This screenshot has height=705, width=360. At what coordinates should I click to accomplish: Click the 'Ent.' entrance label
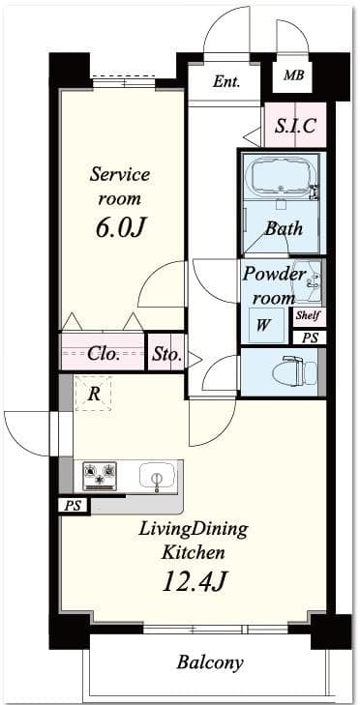tap(226, 82)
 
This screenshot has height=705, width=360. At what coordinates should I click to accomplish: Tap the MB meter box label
tap(291, 75)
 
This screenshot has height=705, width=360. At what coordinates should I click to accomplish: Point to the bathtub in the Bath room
tap(282, 175)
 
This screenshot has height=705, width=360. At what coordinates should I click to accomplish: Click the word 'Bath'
tap(284, 229)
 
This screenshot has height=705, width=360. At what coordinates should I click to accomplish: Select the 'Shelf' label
tap(309, 316)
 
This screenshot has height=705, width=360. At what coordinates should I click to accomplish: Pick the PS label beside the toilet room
tap(310, 338)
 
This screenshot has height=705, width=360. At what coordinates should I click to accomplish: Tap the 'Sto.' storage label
tap(166, 354)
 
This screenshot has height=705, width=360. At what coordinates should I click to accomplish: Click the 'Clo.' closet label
tap(104, 354)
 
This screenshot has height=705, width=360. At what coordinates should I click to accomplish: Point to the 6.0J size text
tap(119, 228)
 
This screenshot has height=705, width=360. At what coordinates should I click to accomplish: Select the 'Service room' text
tap(119, 187)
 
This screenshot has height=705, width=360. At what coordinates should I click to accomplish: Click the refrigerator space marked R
tap(94, 394)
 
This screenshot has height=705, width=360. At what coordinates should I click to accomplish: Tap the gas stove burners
tap(100, 475)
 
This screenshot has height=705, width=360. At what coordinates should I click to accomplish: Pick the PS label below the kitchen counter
tap(70, 506)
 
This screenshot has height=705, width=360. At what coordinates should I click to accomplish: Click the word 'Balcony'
tap(209, 663)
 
